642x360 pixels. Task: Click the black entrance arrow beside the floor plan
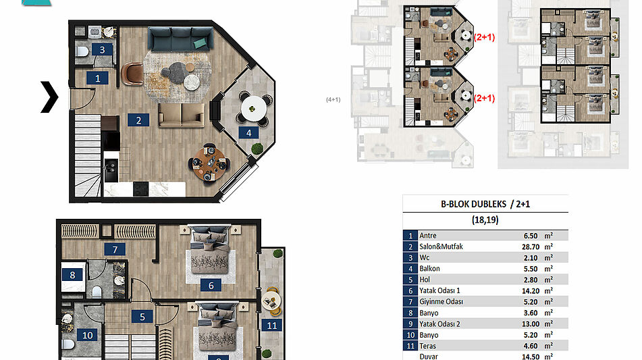[x=49, y=97]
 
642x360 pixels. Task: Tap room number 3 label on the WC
[x=103, y=50]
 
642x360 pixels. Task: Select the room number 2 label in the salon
[x=138, y=120]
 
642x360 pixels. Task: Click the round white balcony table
[x=254, y=109]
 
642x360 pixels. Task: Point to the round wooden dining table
[x=209, y=163]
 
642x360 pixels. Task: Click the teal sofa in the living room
[x=180, y=39]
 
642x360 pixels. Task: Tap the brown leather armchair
[x=132, y=74]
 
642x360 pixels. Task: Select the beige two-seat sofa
[x=182, y=115]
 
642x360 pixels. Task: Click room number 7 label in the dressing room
[x=115, y=249]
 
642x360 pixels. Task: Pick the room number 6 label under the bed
[x=211, y=286]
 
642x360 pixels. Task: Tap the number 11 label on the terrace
[x=272, y=326]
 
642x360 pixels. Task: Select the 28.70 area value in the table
[x=531, y=247]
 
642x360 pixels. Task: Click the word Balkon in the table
[x=429, y=269]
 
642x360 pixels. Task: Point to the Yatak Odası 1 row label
[x=439, y=290]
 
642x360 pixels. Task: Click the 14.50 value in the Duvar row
[x=531, y=357]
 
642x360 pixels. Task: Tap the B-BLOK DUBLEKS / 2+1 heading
[x=485, y=204]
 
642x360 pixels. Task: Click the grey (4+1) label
[x=333, y=99]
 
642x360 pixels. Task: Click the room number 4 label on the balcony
[x=249, y=132]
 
